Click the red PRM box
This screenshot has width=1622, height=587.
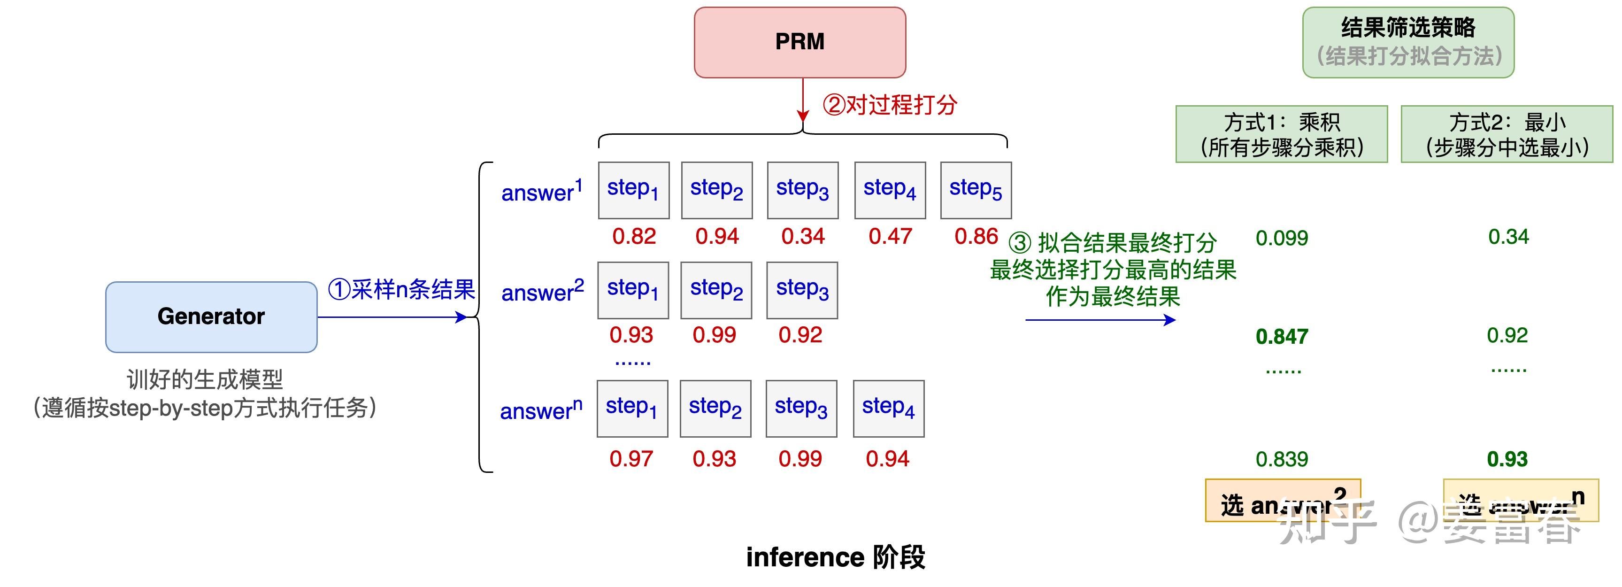coord(799,42)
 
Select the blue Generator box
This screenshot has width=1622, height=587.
coord(211,316)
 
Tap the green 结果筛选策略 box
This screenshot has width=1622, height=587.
coord(1408,42)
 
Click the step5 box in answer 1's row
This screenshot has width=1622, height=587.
coord(976,190)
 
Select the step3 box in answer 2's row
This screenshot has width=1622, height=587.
coord(801,290)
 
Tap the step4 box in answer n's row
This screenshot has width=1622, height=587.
coord(888,409)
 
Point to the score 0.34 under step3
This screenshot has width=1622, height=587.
coord(803,236)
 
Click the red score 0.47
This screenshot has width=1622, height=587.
coord(890,236)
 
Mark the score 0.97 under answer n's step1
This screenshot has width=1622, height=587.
coord(631,458)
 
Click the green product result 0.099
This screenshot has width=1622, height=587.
coord(1281,238)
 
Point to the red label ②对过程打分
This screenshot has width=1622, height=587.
coord(890,105)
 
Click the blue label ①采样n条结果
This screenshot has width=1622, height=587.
coord(401,290)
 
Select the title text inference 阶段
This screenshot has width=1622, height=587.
coord(836,557)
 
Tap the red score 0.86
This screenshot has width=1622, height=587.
coord(976,236)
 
